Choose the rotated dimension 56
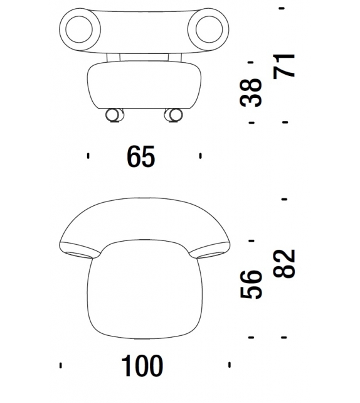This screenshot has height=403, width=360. coord(251,284)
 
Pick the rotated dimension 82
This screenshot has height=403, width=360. coord(285,264)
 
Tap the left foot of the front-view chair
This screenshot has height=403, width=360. coord(114,115)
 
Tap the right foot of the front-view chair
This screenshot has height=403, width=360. coord(173,115)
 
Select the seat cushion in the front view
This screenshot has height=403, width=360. coord(144,85)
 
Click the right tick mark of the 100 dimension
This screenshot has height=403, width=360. coord(230,364)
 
